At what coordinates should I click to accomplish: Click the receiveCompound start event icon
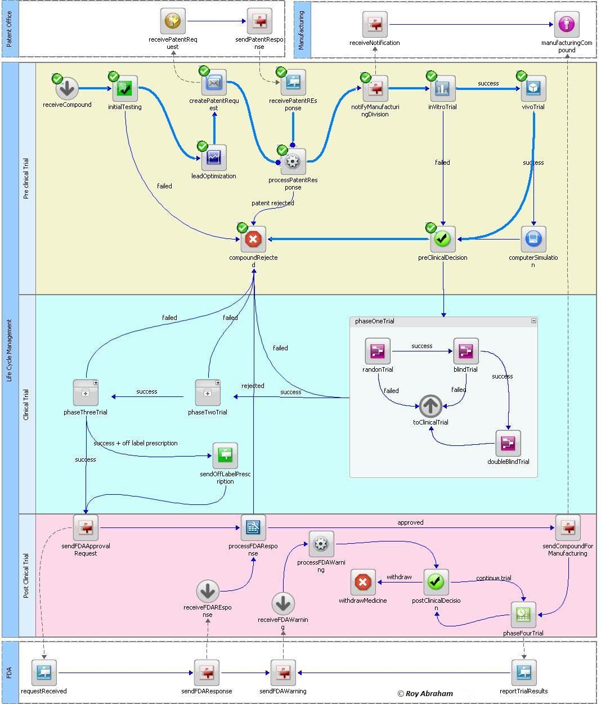click(67, 88)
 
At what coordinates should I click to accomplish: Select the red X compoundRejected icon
click(253, 240)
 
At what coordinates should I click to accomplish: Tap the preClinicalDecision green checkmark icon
click(443, 240)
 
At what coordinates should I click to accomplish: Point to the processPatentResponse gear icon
click(292, 163)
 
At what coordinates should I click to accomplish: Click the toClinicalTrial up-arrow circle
click(431, 405)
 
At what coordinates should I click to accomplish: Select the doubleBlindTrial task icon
click(508, 444)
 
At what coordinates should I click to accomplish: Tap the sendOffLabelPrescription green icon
click(225, 455)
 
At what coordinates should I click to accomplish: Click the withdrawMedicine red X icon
click(363, 582)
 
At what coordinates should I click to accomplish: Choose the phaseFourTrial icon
click(523, 615)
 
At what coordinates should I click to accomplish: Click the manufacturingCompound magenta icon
click(567, 24)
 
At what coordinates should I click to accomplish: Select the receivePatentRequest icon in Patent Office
click(173, 22)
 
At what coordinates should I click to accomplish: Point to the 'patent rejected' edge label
click(272, 203)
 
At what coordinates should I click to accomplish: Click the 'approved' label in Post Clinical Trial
click(410, 522)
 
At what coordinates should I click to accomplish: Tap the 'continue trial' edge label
click(494, 578)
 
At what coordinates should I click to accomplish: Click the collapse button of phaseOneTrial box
click(533, 321)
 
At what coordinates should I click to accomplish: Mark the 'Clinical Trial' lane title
click(26, 404)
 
